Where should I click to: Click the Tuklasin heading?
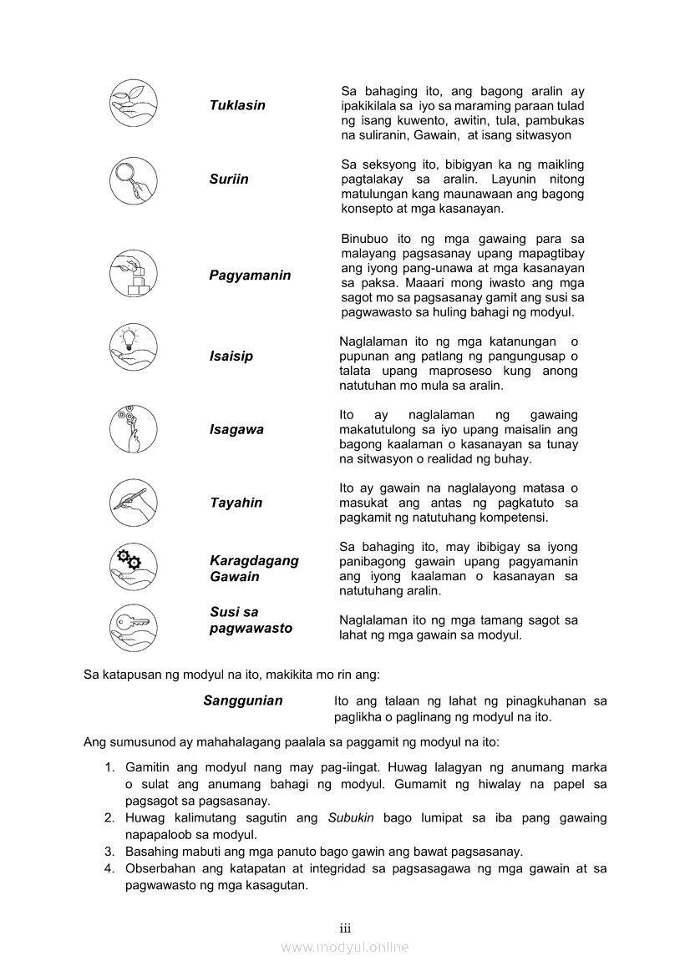coord(237,105)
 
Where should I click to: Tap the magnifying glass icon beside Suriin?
coord(134,180)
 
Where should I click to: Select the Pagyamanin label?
coord(250,276)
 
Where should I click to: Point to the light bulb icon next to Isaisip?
coord(134,347)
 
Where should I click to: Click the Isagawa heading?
coord(236,430)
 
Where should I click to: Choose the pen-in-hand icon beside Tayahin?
coord(134,501)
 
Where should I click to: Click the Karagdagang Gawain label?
coord(254,569)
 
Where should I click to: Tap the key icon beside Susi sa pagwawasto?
coord(134,627)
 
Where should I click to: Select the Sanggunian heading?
coord(243,701)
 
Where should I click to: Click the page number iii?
coord(345,928)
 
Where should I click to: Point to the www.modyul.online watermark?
coord(345,948)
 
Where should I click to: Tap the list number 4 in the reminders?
coord(109,869)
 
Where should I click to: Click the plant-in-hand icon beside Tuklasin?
coord(134,106)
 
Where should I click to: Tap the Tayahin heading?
coord(236,503)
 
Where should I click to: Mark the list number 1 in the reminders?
coord(109,767)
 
